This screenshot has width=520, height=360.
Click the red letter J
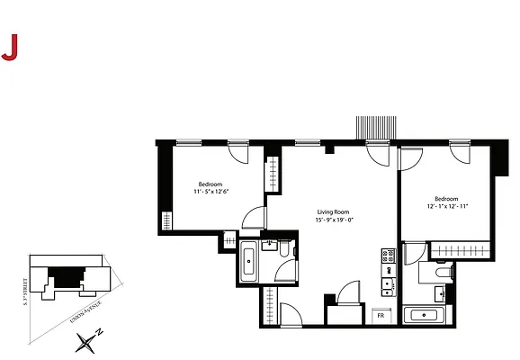[10, 49]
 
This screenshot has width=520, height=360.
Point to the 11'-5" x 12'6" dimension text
[211, 191]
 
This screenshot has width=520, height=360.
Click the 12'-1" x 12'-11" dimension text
[447, 206]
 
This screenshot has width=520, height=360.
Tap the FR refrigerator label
[381, 315]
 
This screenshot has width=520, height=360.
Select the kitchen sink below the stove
[389, 286]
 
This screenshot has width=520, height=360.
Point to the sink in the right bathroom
[439, 293]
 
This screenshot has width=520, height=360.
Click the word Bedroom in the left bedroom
[211, 183]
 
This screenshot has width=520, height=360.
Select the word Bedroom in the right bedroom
[447, 198]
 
